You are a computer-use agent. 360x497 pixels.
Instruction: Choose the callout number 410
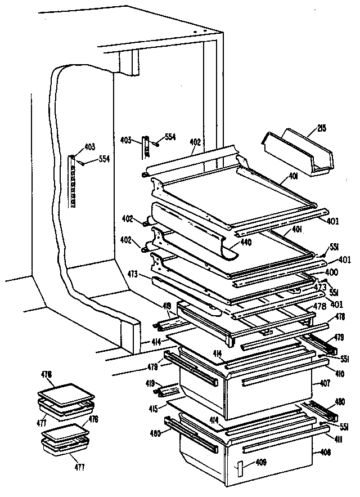340,373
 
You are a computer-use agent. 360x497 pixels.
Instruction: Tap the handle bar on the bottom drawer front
275,448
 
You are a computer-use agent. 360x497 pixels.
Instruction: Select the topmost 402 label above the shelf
195,143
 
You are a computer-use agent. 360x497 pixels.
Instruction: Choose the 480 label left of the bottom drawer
155,433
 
